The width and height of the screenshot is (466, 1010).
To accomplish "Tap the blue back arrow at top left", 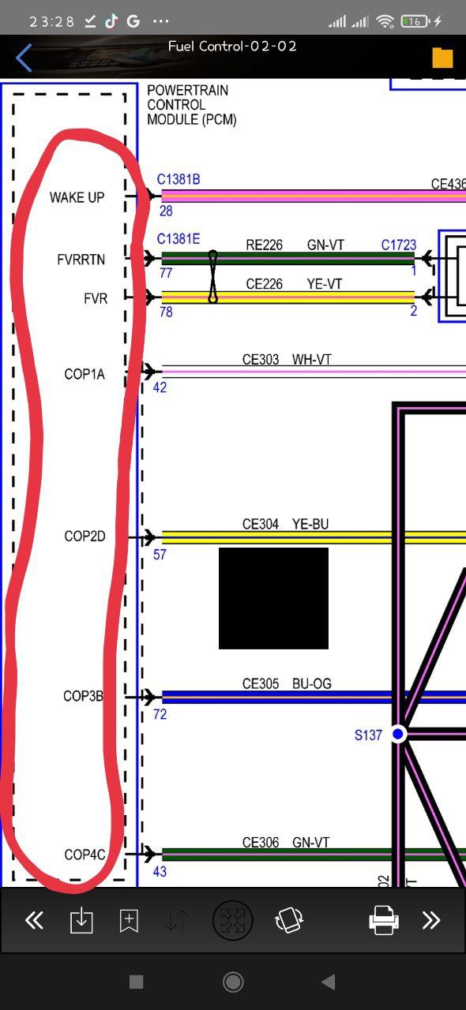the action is (24, 58).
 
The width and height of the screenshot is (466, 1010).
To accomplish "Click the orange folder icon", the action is (442, 58).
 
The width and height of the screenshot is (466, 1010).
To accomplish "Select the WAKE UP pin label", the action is (77, 197).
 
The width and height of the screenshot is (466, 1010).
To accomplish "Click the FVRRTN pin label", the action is (81, 260).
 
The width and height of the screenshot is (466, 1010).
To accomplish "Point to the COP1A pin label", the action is (85, 374).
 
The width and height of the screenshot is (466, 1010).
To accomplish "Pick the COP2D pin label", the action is (85, 536).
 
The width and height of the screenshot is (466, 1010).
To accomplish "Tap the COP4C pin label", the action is (85, 855).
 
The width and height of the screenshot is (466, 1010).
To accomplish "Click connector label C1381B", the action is (179, 179).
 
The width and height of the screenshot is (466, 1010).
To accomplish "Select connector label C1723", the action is (399, 245).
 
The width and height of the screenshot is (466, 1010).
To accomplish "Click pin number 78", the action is (166, 312).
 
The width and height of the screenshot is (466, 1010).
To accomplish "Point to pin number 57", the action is (160, 554).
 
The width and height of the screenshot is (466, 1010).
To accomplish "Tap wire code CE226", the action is (264, 284).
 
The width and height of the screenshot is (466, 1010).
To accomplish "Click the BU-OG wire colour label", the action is (311, 683).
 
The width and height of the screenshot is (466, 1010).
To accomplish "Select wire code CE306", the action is (261, 842).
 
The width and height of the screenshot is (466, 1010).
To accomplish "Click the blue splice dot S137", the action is (398, 734).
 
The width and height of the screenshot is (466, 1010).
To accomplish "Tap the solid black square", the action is (273, 598).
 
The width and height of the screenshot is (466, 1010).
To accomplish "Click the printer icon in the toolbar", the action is (383, 920).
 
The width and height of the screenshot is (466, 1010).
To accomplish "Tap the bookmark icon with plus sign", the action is (129, 920).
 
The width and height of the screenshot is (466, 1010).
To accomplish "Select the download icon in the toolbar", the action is (81, 920).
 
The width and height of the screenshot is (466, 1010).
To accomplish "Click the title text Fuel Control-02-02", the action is (232, 47).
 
